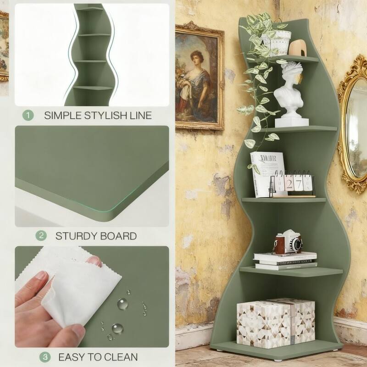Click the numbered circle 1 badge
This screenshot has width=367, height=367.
[x=28, y=115]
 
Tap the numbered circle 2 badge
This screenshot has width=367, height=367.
[x=42, y=236]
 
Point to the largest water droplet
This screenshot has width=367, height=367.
[x=122, y=303]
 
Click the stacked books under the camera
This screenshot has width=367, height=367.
[x=285, y=260]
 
